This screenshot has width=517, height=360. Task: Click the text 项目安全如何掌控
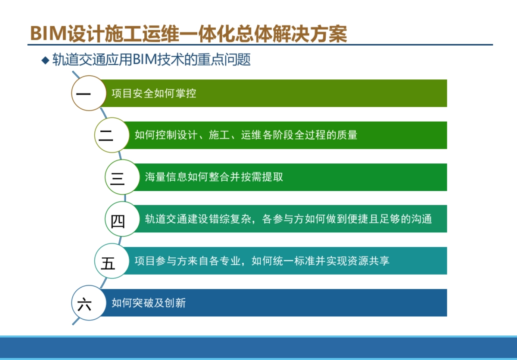point(154,93)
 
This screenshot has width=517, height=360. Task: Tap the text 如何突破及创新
point(149,303)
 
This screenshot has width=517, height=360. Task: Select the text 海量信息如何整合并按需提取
point(214,177)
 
